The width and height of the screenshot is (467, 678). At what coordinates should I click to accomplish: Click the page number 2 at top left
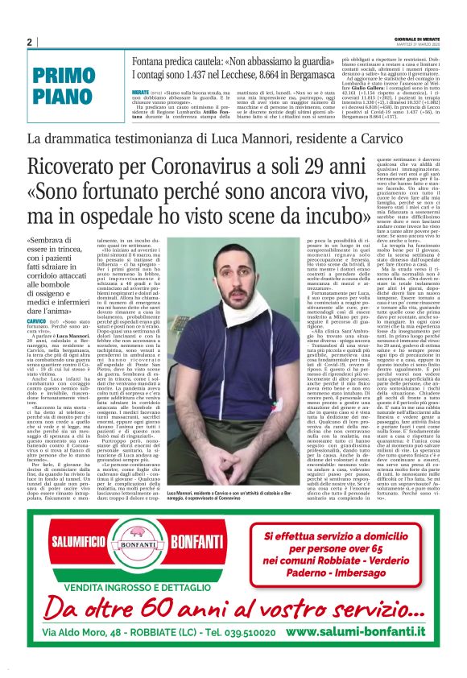click(29, 42)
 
